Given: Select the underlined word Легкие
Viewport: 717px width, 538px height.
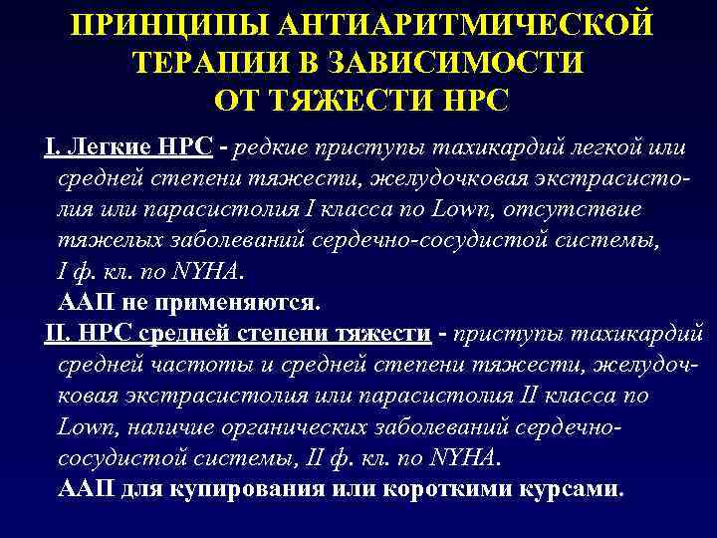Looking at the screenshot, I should point(107,148).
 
